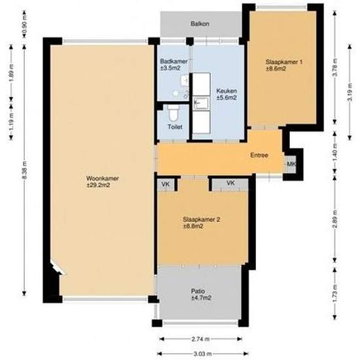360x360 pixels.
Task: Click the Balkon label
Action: [x=200, y=24]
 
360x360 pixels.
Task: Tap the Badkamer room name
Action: [x=173, y=62]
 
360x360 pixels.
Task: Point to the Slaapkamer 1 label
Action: [x=284, y=62]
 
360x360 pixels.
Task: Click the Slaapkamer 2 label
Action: [x=202, y=219]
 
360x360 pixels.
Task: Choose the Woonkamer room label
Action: [x=102, y=178]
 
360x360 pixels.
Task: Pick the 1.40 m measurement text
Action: [x=334, y=155]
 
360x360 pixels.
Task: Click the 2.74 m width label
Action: [x=202, y=339]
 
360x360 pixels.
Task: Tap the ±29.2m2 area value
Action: [x=102, y=185]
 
